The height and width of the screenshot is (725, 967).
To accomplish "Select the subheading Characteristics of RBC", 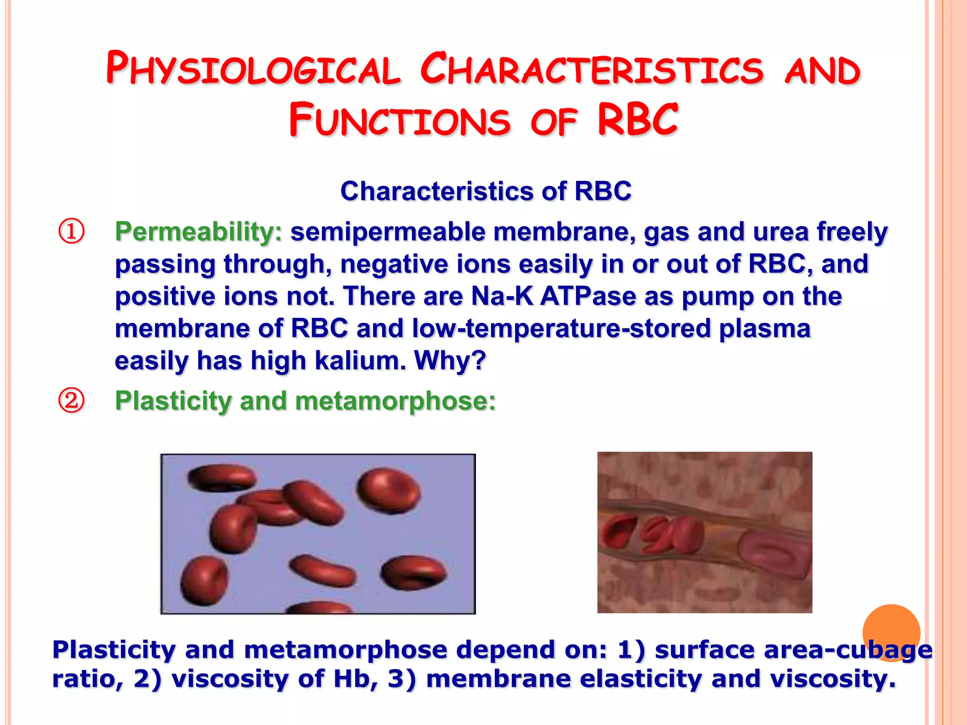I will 485,191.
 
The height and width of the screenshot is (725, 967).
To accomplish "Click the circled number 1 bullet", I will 71,232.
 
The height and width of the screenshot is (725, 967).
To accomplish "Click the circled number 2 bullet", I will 71,401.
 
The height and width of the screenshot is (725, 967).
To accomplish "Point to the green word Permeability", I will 198,232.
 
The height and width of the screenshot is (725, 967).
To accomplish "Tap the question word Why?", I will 450,361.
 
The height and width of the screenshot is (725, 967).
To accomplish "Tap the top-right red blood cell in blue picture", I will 388,491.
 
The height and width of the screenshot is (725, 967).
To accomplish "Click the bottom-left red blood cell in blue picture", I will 204,581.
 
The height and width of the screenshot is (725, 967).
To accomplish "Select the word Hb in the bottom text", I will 349,679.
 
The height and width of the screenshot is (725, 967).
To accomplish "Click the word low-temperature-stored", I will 561,329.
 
